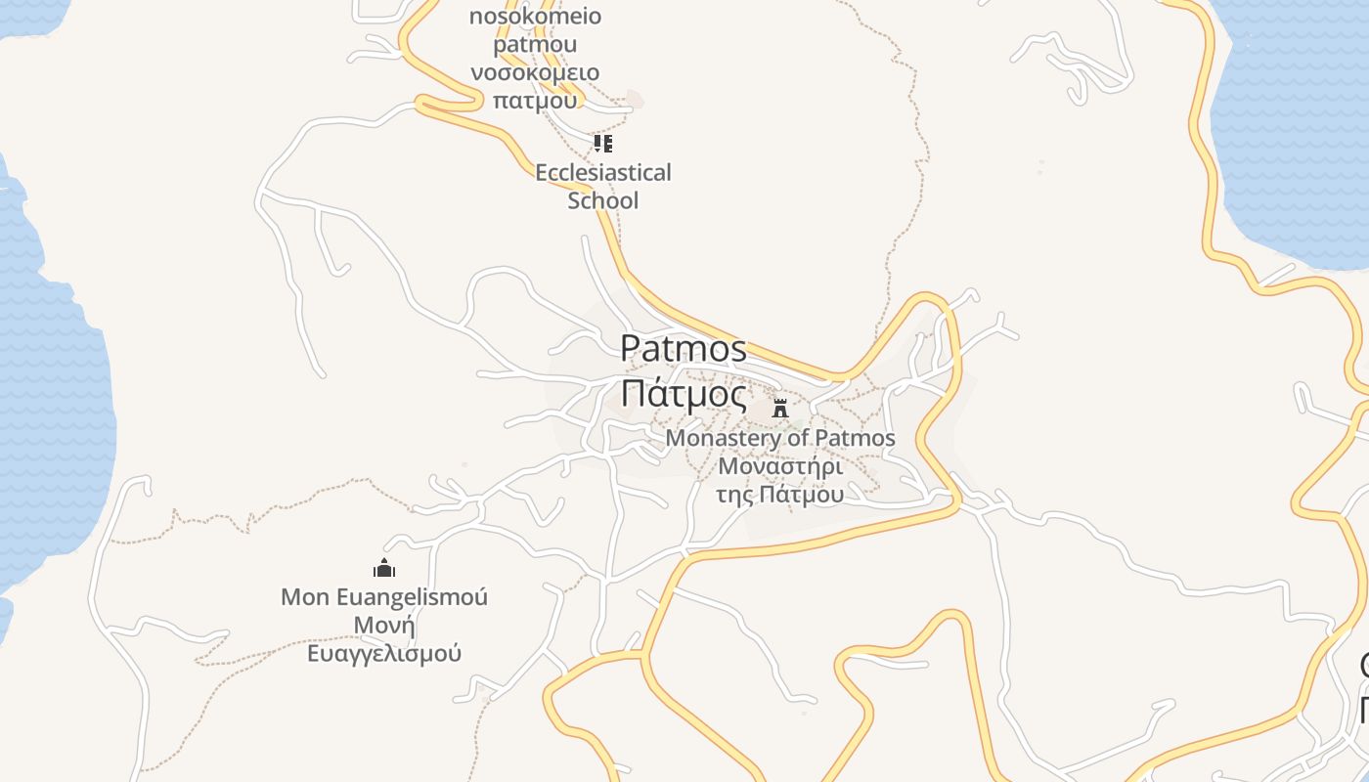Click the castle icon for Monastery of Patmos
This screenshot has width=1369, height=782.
point(780,409)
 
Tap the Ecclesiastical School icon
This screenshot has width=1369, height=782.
point(603,145)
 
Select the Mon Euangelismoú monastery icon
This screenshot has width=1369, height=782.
point(384,568)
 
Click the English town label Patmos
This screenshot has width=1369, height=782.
point(684,348)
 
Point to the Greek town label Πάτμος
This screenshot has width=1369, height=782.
point(684,394)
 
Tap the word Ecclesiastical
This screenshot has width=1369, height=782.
point(603,173)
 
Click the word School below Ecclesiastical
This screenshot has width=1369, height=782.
point(603,200)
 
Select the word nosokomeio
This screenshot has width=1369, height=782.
point(535,17)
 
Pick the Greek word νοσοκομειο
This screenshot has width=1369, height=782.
point(535,72)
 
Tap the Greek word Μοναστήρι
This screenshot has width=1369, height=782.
point(780,465)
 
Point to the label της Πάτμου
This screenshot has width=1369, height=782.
point(780,494)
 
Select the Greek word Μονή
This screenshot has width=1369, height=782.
point(384,625)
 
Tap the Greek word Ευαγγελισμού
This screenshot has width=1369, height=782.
point(384,653)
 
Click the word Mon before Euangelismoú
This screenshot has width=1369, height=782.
point(305,596)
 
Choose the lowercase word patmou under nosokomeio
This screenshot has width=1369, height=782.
point(535,44)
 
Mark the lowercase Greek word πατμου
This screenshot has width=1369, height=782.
point(535,100)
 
